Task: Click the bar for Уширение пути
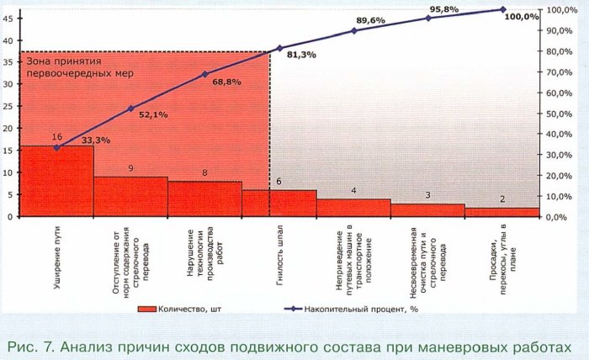coord(56,181)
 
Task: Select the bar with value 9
coord(130,196)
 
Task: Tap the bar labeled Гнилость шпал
coord(279,203)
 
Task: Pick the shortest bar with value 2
coord(502,212)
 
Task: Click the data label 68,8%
coord(226,82)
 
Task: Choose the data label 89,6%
coord(371,20)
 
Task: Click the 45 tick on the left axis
coord(8,40)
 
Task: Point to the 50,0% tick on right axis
coord(561,114)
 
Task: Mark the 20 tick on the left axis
coord(8,129)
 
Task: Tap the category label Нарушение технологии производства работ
coord(204,255)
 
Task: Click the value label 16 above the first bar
coord(56,137)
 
